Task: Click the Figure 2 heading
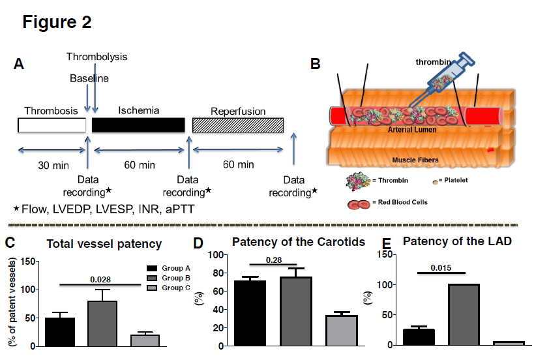57,22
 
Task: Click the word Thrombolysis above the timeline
96,57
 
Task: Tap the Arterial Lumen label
412,130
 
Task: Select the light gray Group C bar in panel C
145,339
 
